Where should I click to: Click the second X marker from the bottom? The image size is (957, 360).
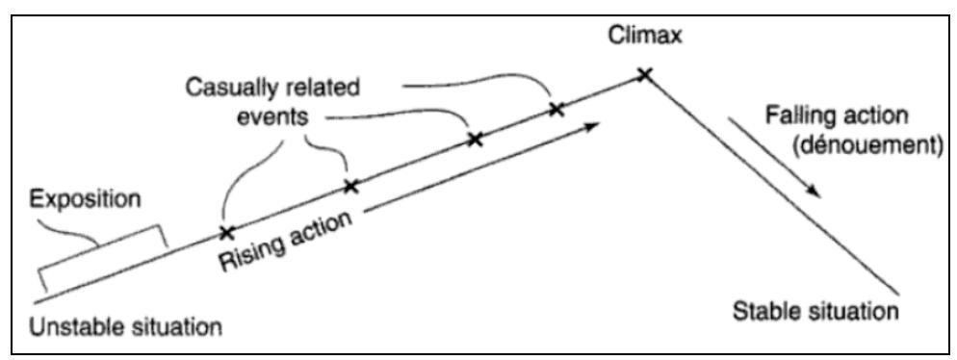(351, 185)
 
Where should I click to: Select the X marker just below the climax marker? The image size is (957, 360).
(556, 109)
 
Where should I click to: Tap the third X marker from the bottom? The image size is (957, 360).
(474, 140)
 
